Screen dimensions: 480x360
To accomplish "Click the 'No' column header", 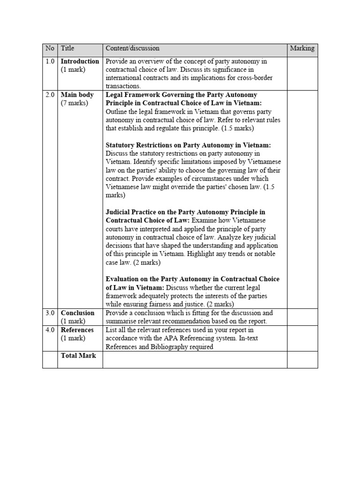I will (x=50, y=48).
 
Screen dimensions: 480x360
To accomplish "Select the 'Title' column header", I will (x=67, y=48).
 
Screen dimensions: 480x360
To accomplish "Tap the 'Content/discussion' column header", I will (x=132, y=48).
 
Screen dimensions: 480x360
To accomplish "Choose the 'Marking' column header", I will (x=302, y=48).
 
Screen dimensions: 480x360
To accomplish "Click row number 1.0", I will (x=50, y=61).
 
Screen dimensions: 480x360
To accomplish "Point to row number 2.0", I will (x=50, y=95).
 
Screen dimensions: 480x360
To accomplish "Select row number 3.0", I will (x=50, y=313).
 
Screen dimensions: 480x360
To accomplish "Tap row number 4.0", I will (x=50, y=330).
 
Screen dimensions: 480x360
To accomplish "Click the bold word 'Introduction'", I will (x=80, y=61).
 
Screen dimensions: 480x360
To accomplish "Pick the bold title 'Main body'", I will (x=77, y=95).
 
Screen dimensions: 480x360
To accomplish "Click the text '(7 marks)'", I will (x=74, y=103).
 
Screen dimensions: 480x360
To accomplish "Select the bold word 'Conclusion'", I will (x=78, y=313).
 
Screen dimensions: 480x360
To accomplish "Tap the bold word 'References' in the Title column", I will (x=77, y=330).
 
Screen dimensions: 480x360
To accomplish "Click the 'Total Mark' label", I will (x=78, y=356).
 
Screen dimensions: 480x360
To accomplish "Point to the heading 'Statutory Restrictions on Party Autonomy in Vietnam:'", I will (x=188, y=145).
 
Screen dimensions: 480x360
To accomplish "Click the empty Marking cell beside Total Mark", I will (x=302, y=360).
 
